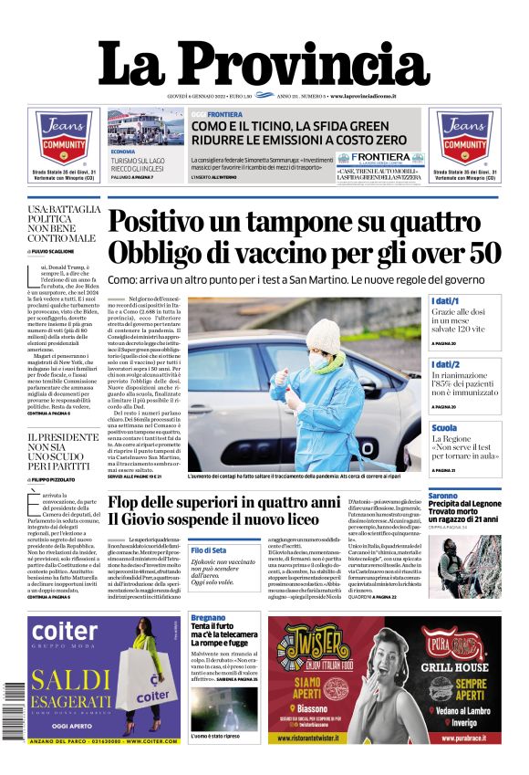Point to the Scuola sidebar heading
(445, 427)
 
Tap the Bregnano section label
(207, 618)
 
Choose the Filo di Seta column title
(209, 550)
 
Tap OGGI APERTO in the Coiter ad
(66, 726)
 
